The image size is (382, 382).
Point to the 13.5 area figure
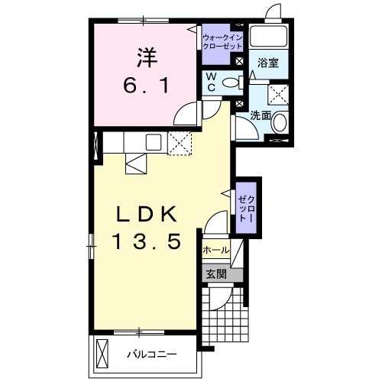tap(147, 242)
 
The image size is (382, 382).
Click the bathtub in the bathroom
tap(268, 38)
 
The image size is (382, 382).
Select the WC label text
tap(210, 83)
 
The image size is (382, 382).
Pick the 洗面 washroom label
tap(261, 116)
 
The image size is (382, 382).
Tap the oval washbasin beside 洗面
tap(280, 122)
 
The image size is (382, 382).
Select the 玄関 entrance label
tap(215, 274)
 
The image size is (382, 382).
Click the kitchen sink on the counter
tap(152, 141)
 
